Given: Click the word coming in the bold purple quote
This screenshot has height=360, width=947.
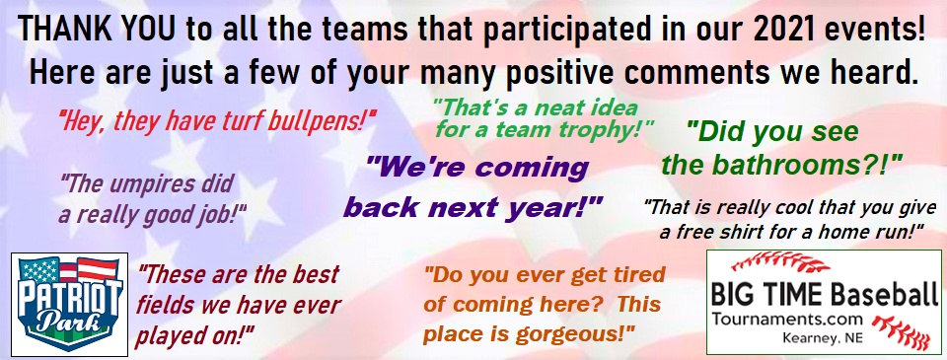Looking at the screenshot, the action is [532, 168].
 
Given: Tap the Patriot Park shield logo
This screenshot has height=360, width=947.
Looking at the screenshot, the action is [69, 303].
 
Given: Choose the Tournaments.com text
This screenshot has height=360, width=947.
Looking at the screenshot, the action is [788, 319].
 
